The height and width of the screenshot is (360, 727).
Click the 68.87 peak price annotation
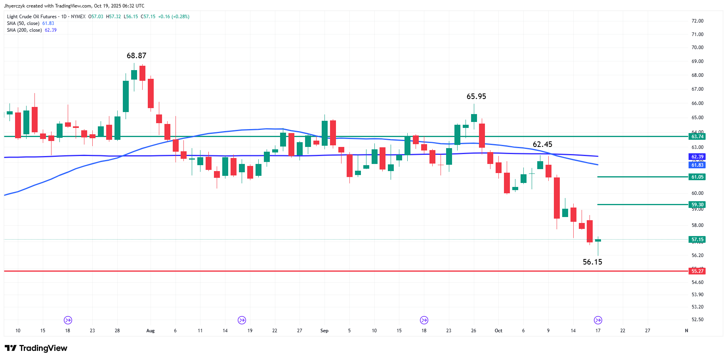point(136,56)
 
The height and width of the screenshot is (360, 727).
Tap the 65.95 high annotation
point(476,97)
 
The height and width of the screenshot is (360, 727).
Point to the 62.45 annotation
point(542,145)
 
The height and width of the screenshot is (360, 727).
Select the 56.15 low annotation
point(592,262)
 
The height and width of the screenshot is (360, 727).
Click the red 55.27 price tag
point(697,271)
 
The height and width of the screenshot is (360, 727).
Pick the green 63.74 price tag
point(697,137)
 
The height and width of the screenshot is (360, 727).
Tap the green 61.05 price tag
point(697,177)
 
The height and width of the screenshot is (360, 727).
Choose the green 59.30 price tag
point(697,205)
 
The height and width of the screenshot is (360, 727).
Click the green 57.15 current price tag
point(697,240)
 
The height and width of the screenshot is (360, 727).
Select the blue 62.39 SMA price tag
point(697,157)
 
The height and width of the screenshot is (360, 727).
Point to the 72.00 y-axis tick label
point(697,21)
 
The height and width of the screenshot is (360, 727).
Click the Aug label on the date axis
point(151,331)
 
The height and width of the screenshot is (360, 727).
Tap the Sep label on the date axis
point(324,331)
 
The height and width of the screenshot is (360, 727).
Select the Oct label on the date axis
point(498,331)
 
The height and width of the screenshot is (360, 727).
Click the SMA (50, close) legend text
point(23,23)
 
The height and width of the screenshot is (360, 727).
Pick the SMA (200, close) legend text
point(24,30)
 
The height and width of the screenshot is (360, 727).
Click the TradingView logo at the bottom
point(36,348)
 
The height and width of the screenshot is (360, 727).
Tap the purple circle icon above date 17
point(598,320)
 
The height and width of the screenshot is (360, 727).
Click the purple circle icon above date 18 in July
point(68,320)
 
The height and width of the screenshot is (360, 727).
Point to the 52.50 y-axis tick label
point(697,320)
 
